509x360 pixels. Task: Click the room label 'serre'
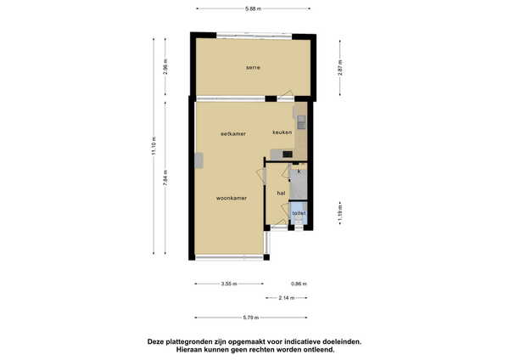253,68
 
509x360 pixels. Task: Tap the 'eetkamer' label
233,133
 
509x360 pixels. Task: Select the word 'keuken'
282,132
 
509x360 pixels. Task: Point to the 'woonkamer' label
232,198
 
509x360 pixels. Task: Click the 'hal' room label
281,193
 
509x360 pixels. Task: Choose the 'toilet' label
299,213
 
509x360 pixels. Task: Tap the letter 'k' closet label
299,172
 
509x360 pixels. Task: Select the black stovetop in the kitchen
288,154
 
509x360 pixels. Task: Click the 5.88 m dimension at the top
253,8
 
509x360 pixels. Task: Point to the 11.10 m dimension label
154,145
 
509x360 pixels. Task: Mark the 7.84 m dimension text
165,178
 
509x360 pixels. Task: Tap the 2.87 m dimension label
340,68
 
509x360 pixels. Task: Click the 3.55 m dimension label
229,284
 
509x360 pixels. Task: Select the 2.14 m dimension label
287,298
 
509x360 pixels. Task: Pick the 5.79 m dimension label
251,318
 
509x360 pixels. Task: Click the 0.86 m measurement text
299,284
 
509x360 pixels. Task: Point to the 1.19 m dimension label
340,213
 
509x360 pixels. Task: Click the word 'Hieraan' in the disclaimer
190,350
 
